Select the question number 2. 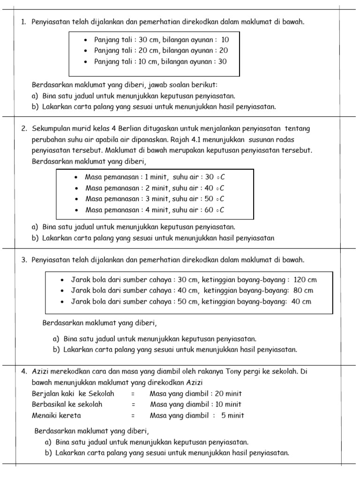pos(23,128)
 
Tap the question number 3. pos(23,260)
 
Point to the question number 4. pos(23,372)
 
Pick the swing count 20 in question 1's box pos(223,51)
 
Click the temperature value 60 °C pos(215,210)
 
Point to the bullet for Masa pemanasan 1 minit pos(75,177)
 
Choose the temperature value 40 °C pos(215,188)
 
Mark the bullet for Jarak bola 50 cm pos(62,302)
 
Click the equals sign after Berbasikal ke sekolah pos(134,405)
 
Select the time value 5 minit pos(232,415)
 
